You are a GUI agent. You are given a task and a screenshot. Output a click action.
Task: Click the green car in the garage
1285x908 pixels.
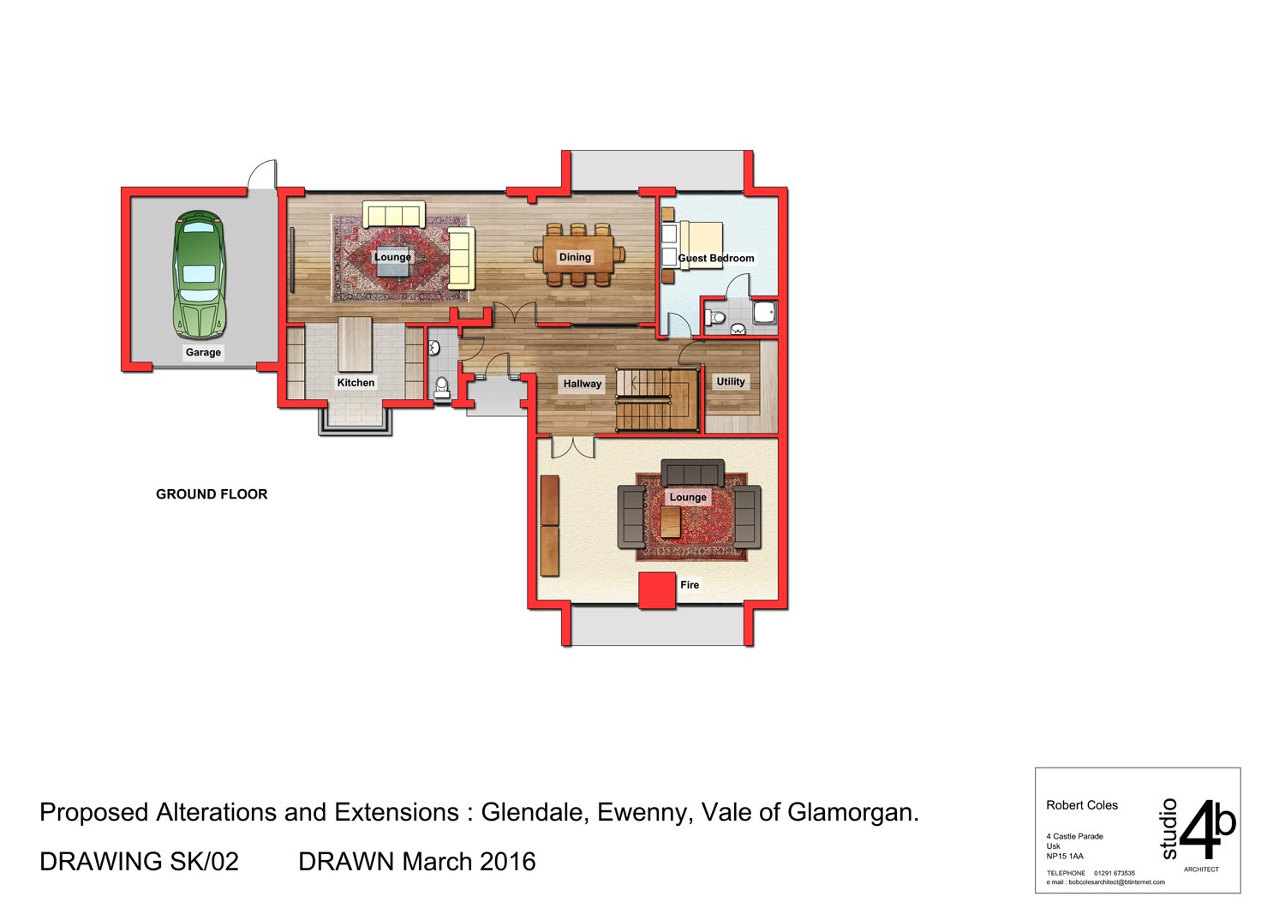[200, 275]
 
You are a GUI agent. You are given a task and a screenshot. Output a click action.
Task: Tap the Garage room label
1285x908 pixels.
[203, 352]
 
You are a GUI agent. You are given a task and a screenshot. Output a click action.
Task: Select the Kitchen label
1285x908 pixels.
[356, 383]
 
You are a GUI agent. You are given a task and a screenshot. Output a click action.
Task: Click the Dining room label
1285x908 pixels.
[575, 257]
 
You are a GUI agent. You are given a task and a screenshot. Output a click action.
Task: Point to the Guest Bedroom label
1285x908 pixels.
[716, 258]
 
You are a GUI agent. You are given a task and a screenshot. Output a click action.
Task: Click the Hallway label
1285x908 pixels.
[583, 384]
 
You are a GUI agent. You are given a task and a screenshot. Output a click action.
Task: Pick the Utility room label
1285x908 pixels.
[730, 381]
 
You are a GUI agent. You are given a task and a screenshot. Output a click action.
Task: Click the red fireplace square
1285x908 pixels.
[657, 590]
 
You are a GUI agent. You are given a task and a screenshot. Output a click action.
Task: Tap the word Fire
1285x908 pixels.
[690, 585]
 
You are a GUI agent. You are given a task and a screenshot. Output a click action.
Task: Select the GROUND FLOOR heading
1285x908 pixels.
[212, 494]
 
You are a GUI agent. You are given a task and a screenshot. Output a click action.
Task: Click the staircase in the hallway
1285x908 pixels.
[657, 400]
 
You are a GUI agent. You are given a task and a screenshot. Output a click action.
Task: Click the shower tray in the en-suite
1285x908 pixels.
[765, 312]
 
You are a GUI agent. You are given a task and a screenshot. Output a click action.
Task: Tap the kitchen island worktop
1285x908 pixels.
[356, 344]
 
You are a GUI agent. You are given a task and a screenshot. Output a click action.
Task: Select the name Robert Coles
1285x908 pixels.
[1082, 805]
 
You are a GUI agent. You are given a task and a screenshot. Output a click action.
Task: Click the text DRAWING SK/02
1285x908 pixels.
[139, 862]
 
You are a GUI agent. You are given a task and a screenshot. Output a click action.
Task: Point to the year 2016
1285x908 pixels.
[508, 862]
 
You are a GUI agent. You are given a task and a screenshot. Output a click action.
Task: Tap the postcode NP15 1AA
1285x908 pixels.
[1065, 857]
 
